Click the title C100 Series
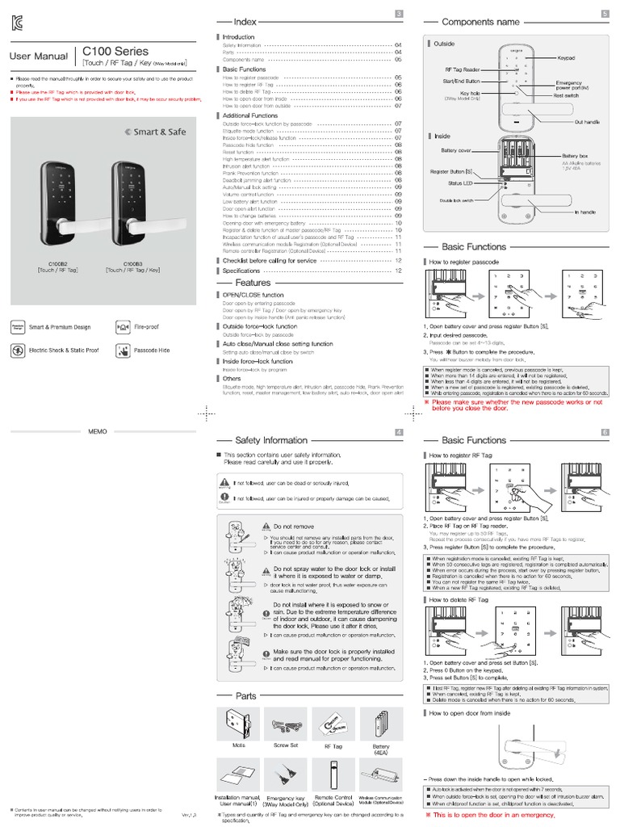(114, 52)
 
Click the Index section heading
(245, 22)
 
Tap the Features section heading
(253, 283)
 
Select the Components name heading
(480, 22)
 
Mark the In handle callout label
(584, 212)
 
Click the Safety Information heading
(271, 440)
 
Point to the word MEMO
(97, 433)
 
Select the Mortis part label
(238, 745)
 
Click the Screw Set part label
(286, 745)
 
